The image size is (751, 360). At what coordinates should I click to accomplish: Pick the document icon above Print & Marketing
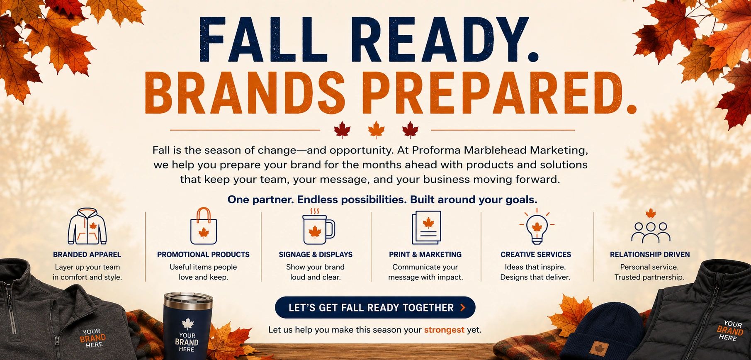(x=426, y=227)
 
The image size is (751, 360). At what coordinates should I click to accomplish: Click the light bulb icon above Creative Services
(x=537, y=226)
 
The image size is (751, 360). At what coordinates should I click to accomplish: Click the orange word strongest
(x=444, y=330)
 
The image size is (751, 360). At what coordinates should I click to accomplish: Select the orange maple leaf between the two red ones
(x=376, y=130)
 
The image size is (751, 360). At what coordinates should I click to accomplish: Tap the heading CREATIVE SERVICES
(x=536, y=255)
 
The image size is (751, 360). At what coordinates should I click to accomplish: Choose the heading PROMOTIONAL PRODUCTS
(x=203, y=255)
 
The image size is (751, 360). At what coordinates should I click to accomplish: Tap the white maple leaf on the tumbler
(x=188, y=324)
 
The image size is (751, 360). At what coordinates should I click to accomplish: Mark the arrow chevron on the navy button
(x=463, y=307)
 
